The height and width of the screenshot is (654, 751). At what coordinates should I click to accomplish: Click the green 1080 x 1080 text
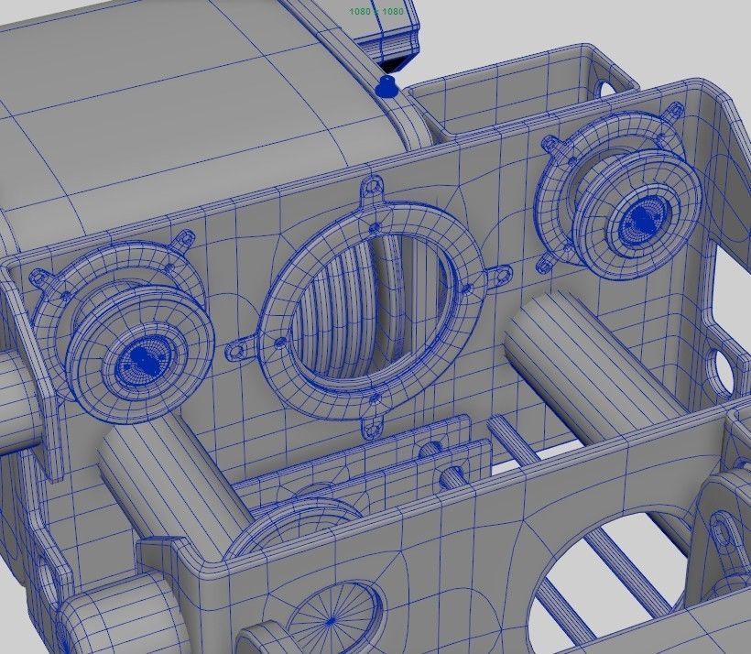point(375,11)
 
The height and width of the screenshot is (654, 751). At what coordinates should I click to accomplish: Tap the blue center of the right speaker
point(642,219)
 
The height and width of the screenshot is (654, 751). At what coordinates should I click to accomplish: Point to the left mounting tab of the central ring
point(239,349)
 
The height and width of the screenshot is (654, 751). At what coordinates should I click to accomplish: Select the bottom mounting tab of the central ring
point(374,425)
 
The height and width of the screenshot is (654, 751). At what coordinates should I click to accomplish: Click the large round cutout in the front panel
point(609,577)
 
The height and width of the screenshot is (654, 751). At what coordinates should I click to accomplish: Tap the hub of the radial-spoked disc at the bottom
point(331,621)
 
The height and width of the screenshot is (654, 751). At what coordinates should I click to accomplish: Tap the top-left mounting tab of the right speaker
point(551,143)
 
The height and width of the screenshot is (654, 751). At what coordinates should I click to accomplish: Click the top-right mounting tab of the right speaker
point(676,108)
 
